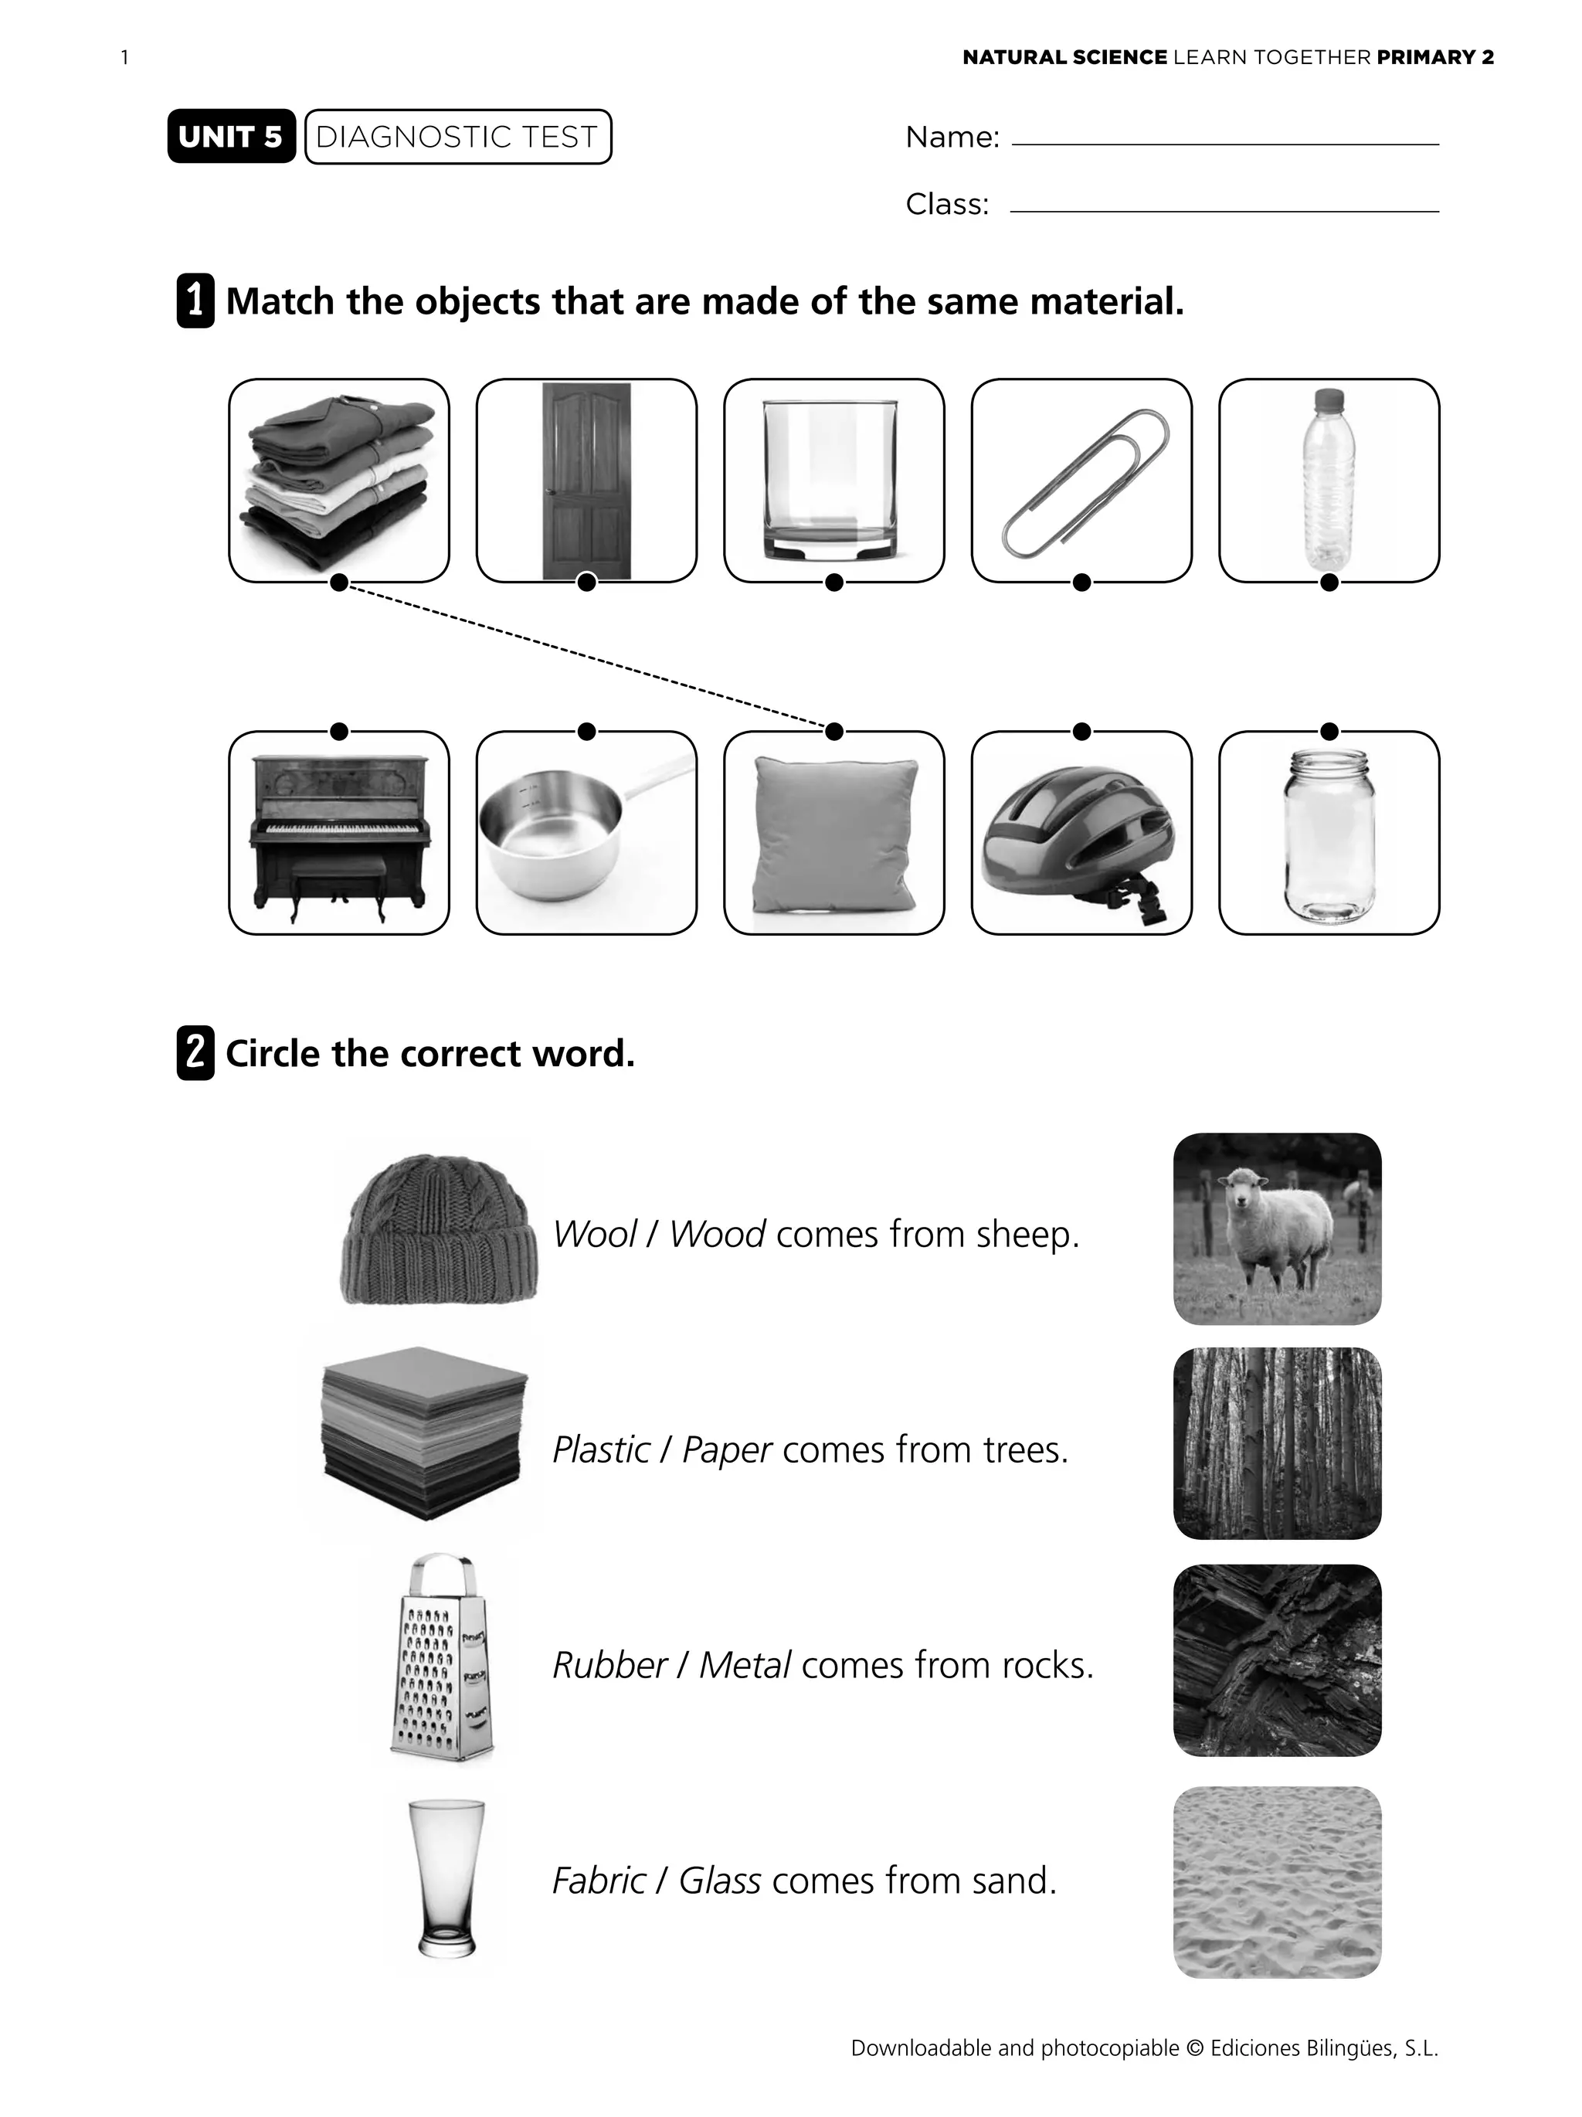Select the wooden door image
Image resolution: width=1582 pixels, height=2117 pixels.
pyautogui.click(x=586, y=481)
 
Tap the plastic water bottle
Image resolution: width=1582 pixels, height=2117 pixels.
pyautogui.click(x=1329, y=481)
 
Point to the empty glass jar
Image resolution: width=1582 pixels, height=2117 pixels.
pyautogui.click(x=1329, y=833)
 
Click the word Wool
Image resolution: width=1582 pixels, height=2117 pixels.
pyautogui.click(x=594, y=1235)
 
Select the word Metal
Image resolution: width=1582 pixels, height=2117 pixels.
pyautogui.click(x=745, y=1665)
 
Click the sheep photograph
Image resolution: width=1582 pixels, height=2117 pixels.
pyautogui.click(x=1277, y=1228)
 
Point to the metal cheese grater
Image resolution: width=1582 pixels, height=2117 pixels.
pyautogui.click(x=441, y=1657)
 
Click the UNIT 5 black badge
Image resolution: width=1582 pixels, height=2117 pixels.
pyautogui.click(x=231, y=137)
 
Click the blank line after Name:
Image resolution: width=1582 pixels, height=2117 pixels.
pyautogui.click(x=1225, y=144)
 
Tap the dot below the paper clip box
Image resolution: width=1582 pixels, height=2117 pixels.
pyautogui.click(x=1081, y=582)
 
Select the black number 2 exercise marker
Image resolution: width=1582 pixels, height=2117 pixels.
pyautogui.click(x=195, y=1053)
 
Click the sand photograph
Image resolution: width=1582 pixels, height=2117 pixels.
pyautogui.click(x=1277, y=1881)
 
